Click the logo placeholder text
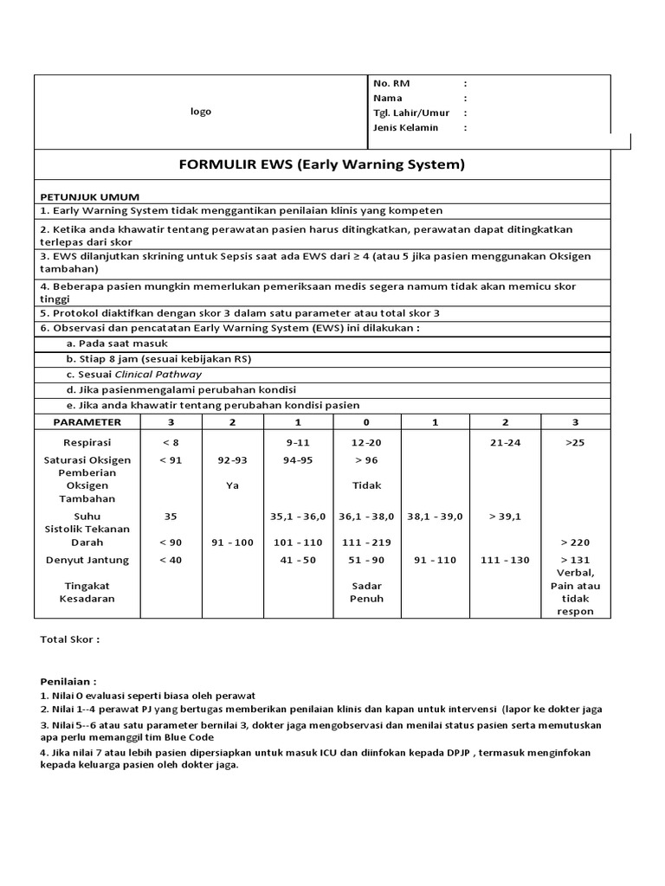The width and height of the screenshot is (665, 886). pyautogui.click(x=201, y=112)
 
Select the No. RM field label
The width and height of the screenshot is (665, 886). pyautogui.click(x=391, y=83)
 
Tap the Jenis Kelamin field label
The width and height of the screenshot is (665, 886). pyautogui.click(x=405, y=127)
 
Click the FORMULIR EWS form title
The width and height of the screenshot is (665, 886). pyautogui.click(x=322, y=164)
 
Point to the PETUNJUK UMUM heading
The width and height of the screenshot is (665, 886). pyautogui.click(x=90, y=196)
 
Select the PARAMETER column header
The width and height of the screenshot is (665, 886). pyautogui.click(x=87, y=422)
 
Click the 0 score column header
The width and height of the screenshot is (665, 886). pyautogui.click(x=366, y=422)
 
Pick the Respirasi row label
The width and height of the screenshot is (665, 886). pyautogui.click(x=87, y=442)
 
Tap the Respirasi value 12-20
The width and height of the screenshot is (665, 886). pyautogui.click(x=366, y=442)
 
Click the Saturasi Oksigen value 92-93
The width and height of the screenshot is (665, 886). pyautogui.click(x=231, y=460)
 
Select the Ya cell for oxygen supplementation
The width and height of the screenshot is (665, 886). pyautogui.click(x=231, y=485)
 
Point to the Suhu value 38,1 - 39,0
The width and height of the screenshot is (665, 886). pyautogui.click(x=435, y=516)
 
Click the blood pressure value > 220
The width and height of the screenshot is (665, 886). pyautogui.click(x=576, y=543)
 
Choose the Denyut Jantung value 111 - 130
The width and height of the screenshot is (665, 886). pyautogui.click(x=505, y=560)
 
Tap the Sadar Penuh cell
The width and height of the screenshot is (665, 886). pyautogui.click(x=366, y=592)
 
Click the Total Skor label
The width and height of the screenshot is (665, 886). pyautogui.click(x=70, y=639)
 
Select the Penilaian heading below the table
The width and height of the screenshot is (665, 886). pyautogui.click(x=68, y=681)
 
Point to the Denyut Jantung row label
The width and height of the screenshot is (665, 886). pyautogui.click(x=87, y=560)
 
